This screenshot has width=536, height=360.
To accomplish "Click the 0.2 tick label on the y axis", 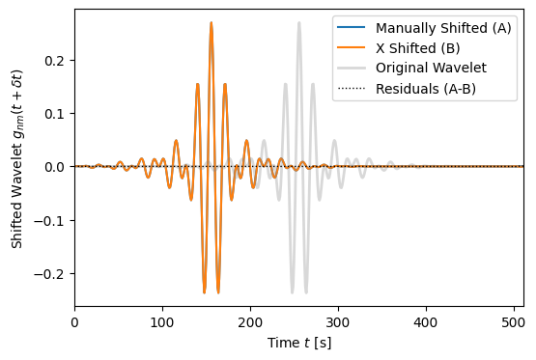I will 55,60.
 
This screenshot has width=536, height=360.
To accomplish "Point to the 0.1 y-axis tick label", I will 55,114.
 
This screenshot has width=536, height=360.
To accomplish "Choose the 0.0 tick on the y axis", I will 55,167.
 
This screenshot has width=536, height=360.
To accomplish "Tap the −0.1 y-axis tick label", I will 51,220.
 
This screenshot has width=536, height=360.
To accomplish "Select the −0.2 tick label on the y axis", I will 51,274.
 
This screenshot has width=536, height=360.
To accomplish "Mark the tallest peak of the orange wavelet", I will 211,23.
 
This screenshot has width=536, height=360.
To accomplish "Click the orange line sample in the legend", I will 352,47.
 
